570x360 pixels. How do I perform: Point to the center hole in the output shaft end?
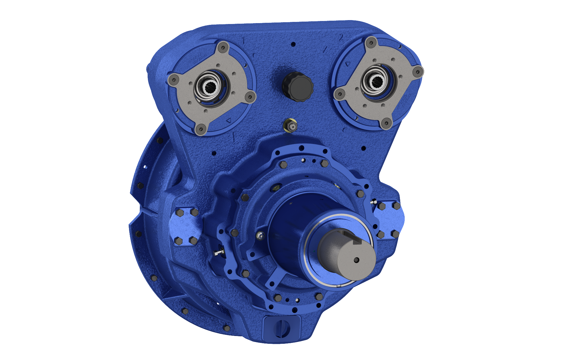coord(356,260)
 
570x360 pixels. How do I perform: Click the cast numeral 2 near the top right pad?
coord(341,38)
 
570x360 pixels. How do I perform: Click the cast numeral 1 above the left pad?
coord(244,40)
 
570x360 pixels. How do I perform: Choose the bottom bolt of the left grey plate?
coord(200,129)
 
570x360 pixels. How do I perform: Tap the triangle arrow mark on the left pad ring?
coord(229,120)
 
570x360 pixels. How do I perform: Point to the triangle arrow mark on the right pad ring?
coord(348,64)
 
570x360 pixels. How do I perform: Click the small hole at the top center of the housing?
coord(293,44)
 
